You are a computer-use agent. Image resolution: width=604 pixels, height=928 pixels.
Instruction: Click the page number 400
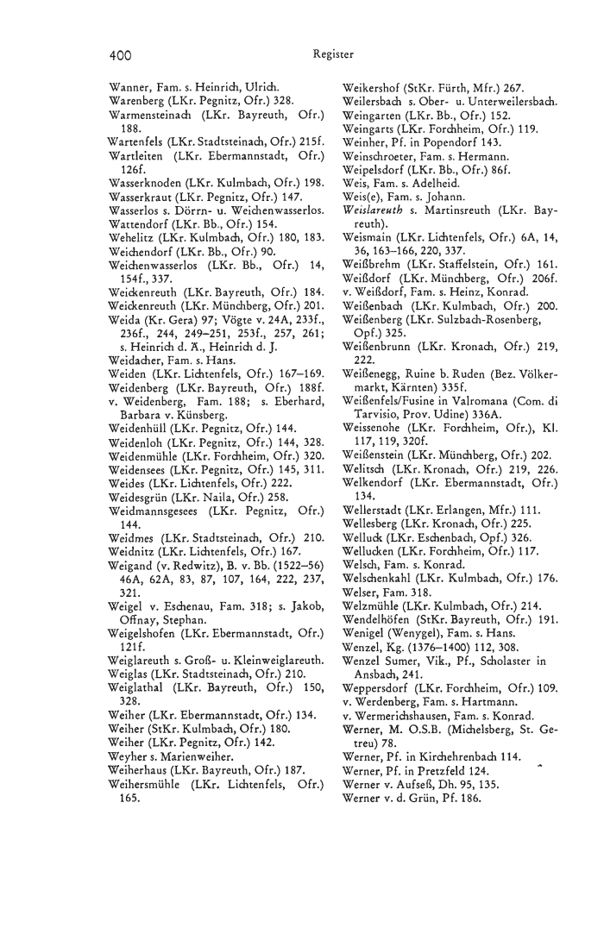click(x=120, y=54)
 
